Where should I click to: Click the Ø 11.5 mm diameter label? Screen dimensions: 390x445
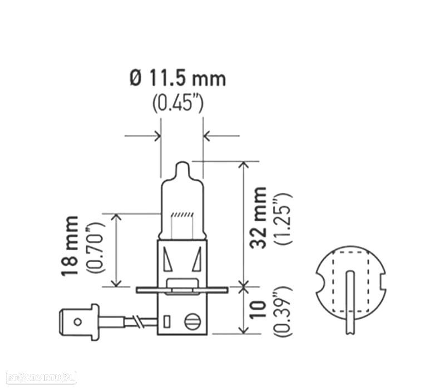178,79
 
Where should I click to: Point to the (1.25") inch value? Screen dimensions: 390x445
283,218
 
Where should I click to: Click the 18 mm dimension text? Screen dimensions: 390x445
71,246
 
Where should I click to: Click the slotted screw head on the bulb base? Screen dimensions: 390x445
193,321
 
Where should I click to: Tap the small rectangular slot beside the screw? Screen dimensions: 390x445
166,321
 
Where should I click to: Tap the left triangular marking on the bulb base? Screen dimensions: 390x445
168,259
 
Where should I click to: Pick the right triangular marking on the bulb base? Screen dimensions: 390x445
197,259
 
